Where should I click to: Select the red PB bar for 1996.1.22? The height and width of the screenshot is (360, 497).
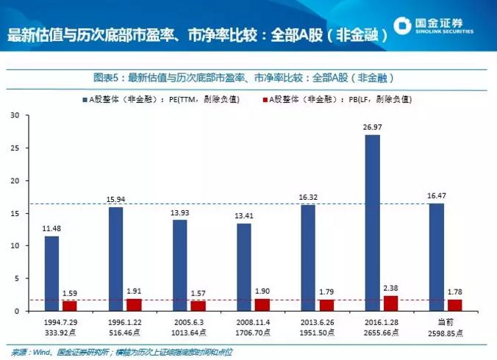tap(133, 305)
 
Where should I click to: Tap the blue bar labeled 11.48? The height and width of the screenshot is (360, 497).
tap(51, 273)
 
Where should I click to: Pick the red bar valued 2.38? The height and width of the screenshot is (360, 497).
tap(390, 303)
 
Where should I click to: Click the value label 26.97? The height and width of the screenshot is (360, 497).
tap(372, 127)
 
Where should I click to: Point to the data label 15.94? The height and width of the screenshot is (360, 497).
tap(116, 200)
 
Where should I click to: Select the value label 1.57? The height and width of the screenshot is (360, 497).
tap(199, 293)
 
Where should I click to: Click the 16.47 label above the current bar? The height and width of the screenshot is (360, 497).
tap(436, 196)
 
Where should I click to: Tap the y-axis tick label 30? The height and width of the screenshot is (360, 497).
tap(15, 115)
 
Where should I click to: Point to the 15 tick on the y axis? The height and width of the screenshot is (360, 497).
tap(15, 213)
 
